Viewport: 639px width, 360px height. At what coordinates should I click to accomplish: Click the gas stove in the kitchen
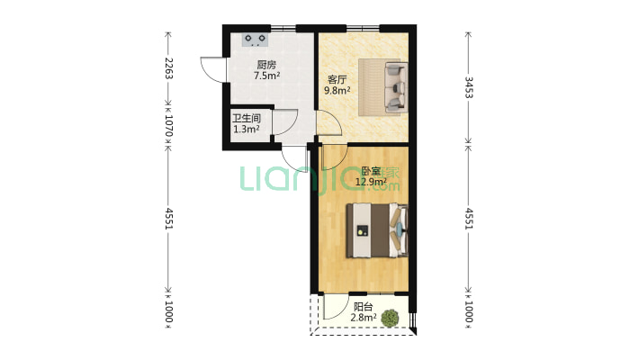coord(256,40)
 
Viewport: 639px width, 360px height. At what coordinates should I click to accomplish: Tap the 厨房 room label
coord(266,65)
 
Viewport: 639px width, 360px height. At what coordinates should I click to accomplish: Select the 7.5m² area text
coord(266,76)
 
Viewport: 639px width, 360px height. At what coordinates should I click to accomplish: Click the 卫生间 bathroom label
coord(246,119)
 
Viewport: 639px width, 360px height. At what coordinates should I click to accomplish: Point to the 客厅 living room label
coord(337,79)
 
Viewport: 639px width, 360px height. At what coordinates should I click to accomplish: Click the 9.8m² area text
coord(337,90)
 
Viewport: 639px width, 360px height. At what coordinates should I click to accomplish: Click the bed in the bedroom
coord(377,230)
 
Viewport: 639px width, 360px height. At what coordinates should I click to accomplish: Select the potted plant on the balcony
coord(390,318)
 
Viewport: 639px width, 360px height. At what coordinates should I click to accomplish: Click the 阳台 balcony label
coord(363,307)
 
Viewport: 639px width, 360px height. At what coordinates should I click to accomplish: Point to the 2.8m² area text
coord(364,318)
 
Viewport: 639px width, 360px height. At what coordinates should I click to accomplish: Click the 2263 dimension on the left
coord(168,68)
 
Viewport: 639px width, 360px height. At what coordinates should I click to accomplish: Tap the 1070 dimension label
coord(168,125)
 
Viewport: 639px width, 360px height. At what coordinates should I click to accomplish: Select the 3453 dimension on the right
coord(469,87)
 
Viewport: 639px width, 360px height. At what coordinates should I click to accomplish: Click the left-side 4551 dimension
coord(168,219)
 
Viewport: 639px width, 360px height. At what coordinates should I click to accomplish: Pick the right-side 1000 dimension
coord(469,311)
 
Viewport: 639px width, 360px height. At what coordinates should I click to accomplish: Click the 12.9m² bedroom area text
coord(371,182)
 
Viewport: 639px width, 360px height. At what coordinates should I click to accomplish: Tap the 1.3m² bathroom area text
coord(246,130)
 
